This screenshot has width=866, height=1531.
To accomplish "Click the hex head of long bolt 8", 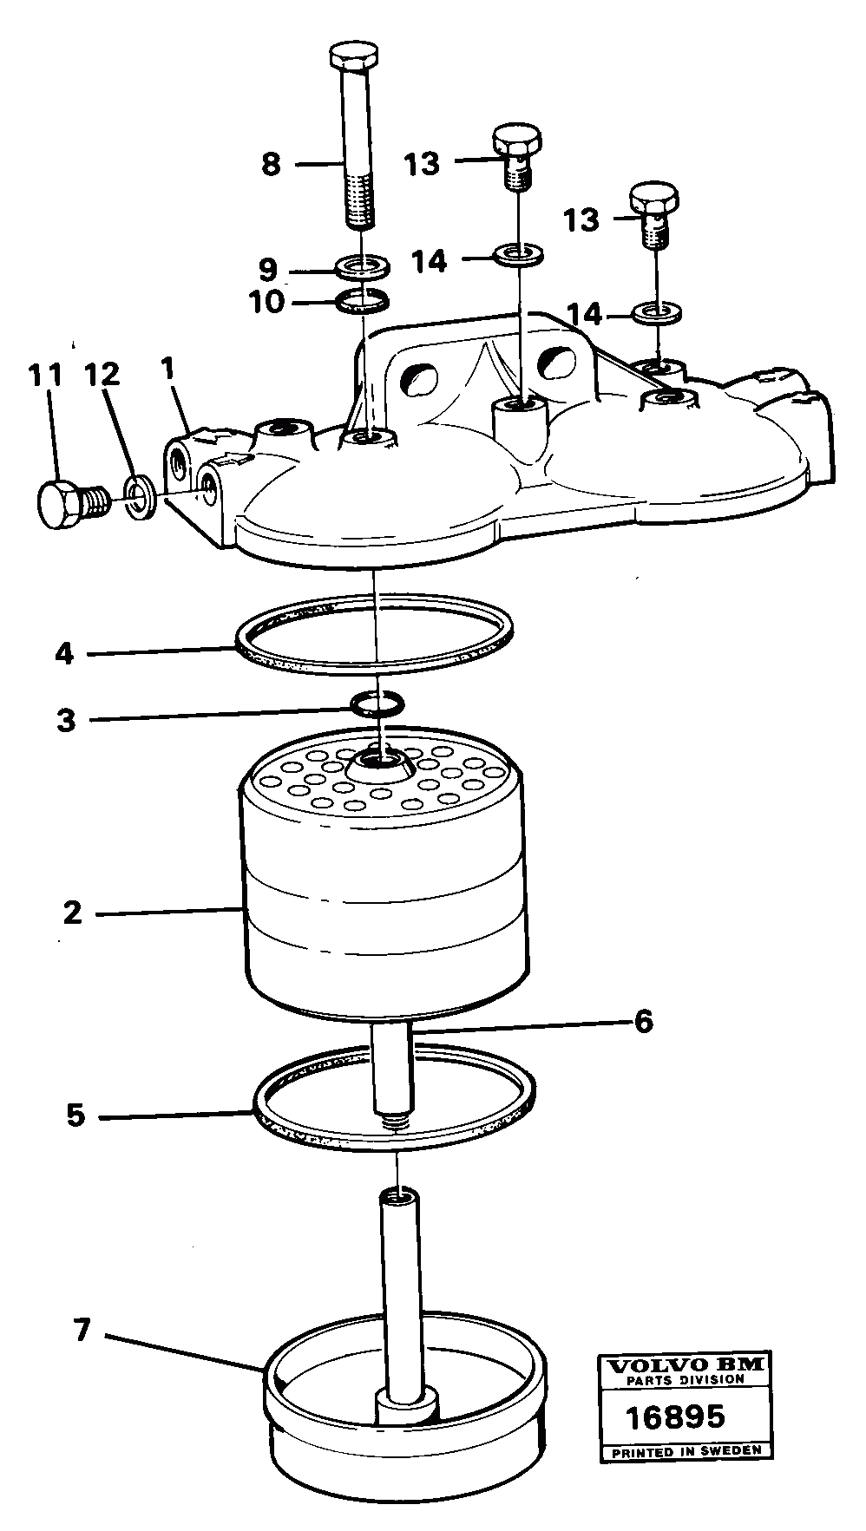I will [354, 57].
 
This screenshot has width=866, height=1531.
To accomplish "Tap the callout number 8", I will [272, 164].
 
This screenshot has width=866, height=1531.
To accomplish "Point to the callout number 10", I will [266, 304].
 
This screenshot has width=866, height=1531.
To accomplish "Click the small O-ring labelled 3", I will [377, 703].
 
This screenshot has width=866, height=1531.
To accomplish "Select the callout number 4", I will [65, 652].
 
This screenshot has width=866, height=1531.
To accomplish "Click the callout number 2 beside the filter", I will [72, 913].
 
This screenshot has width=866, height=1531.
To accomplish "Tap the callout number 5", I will [76, 1115].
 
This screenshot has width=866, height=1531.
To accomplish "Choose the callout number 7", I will [82, 1330].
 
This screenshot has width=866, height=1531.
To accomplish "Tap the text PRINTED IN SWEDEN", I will [686, 1450].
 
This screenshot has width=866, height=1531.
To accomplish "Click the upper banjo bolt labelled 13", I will [518, 151].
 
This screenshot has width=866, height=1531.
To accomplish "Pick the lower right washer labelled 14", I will [656, 311].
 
